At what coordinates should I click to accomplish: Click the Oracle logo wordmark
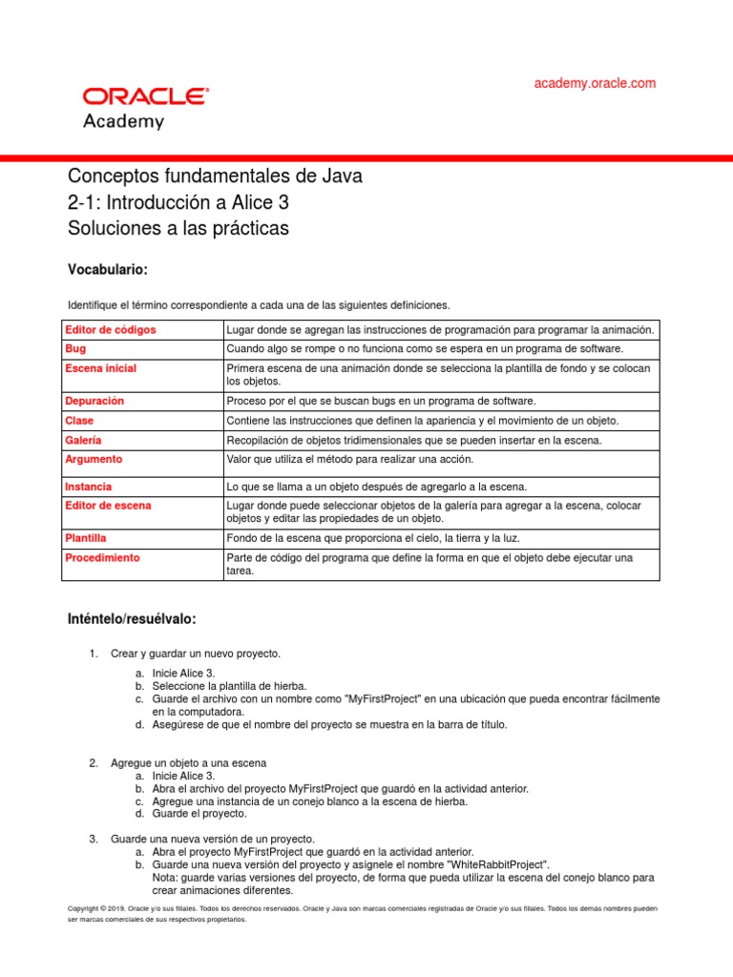point(146,96)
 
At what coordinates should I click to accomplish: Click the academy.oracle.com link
point(595,84)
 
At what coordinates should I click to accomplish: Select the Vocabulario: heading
point(107,269)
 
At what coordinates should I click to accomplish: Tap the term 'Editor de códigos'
point(110,329)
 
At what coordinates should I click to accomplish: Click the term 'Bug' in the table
point(74,349)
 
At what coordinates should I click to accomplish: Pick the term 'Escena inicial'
point(100,368)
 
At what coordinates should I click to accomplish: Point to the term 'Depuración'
point(94,401)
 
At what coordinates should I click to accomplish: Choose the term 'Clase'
point(79,421)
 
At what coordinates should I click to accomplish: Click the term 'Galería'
point(83,440)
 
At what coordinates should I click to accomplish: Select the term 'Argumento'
point(94,459)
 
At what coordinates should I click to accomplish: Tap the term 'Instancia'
point(88,487)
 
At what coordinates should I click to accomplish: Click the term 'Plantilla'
point(86,538)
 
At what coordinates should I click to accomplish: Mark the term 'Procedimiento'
point(102,557)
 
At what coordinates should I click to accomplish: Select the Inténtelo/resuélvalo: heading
point(131,619)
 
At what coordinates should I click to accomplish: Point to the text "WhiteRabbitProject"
point(493,863)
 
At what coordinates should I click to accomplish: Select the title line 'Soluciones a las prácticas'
point(178,229)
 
